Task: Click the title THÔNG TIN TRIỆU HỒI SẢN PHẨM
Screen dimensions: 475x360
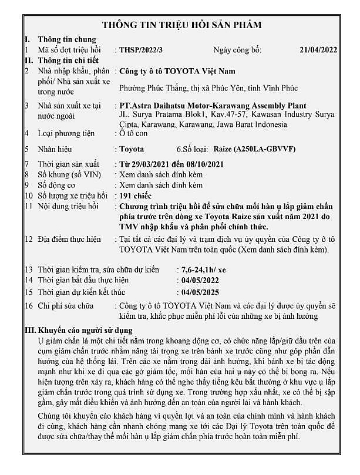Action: point(181,25)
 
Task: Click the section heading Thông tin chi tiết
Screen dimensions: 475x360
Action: point(68,60)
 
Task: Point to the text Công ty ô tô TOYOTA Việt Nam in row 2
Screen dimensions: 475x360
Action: point(177,71)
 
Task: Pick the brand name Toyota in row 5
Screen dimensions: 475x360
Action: point(131,149)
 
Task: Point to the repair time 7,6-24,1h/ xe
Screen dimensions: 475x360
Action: point(204,269)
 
